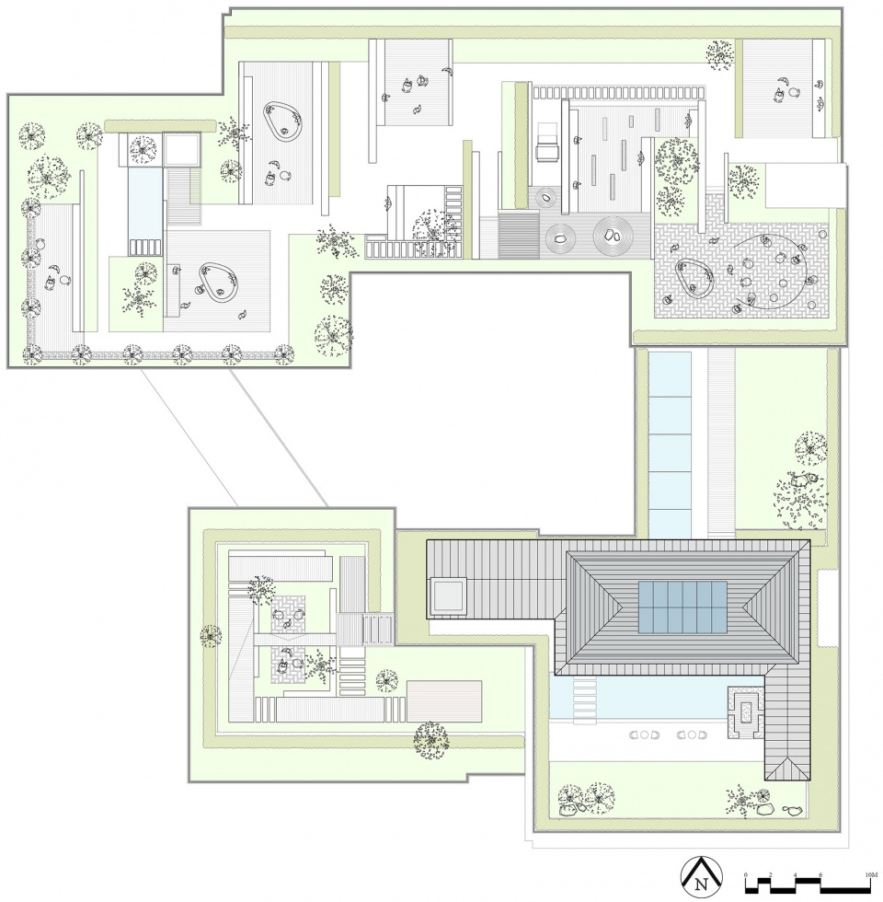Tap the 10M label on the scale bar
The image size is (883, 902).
[869, 871]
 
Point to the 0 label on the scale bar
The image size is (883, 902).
[746, 871]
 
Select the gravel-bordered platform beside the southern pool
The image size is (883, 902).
[746, 711]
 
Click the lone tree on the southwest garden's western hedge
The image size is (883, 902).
[211, 634]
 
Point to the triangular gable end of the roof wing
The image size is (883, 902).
[787, 768]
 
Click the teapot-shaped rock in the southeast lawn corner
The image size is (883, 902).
[790, 811]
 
